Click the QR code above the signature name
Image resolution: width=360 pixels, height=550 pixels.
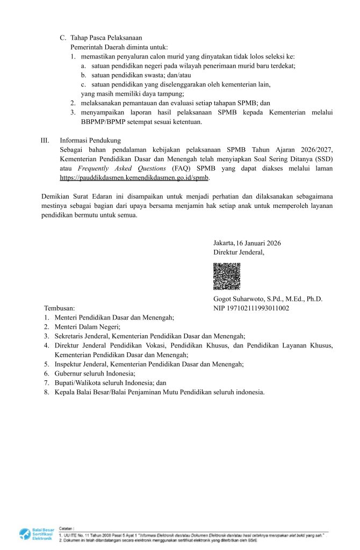coord(227,276)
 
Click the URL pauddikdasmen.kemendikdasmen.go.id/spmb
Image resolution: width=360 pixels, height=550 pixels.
coord(134,177)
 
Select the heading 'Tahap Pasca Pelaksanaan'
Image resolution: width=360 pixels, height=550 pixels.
coord(106,38)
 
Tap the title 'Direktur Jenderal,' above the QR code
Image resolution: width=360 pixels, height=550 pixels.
coord(239,252)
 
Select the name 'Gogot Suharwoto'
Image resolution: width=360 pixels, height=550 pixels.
coord(239,299)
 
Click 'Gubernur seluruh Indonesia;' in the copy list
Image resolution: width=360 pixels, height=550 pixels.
coord(95,373)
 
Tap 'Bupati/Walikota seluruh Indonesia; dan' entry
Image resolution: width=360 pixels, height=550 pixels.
coord(110,382)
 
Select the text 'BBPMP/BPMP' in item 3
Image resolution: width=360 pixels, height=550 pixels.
coord(93,122)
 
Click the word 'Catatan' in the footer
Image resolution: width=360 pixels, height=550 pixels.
coord(66,529)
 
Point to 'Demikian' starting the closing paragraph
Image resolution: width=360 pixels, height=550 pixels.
coord(55,197)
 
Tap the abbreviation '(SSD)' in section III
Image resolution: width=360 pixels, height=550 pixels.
coord(323,159)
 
